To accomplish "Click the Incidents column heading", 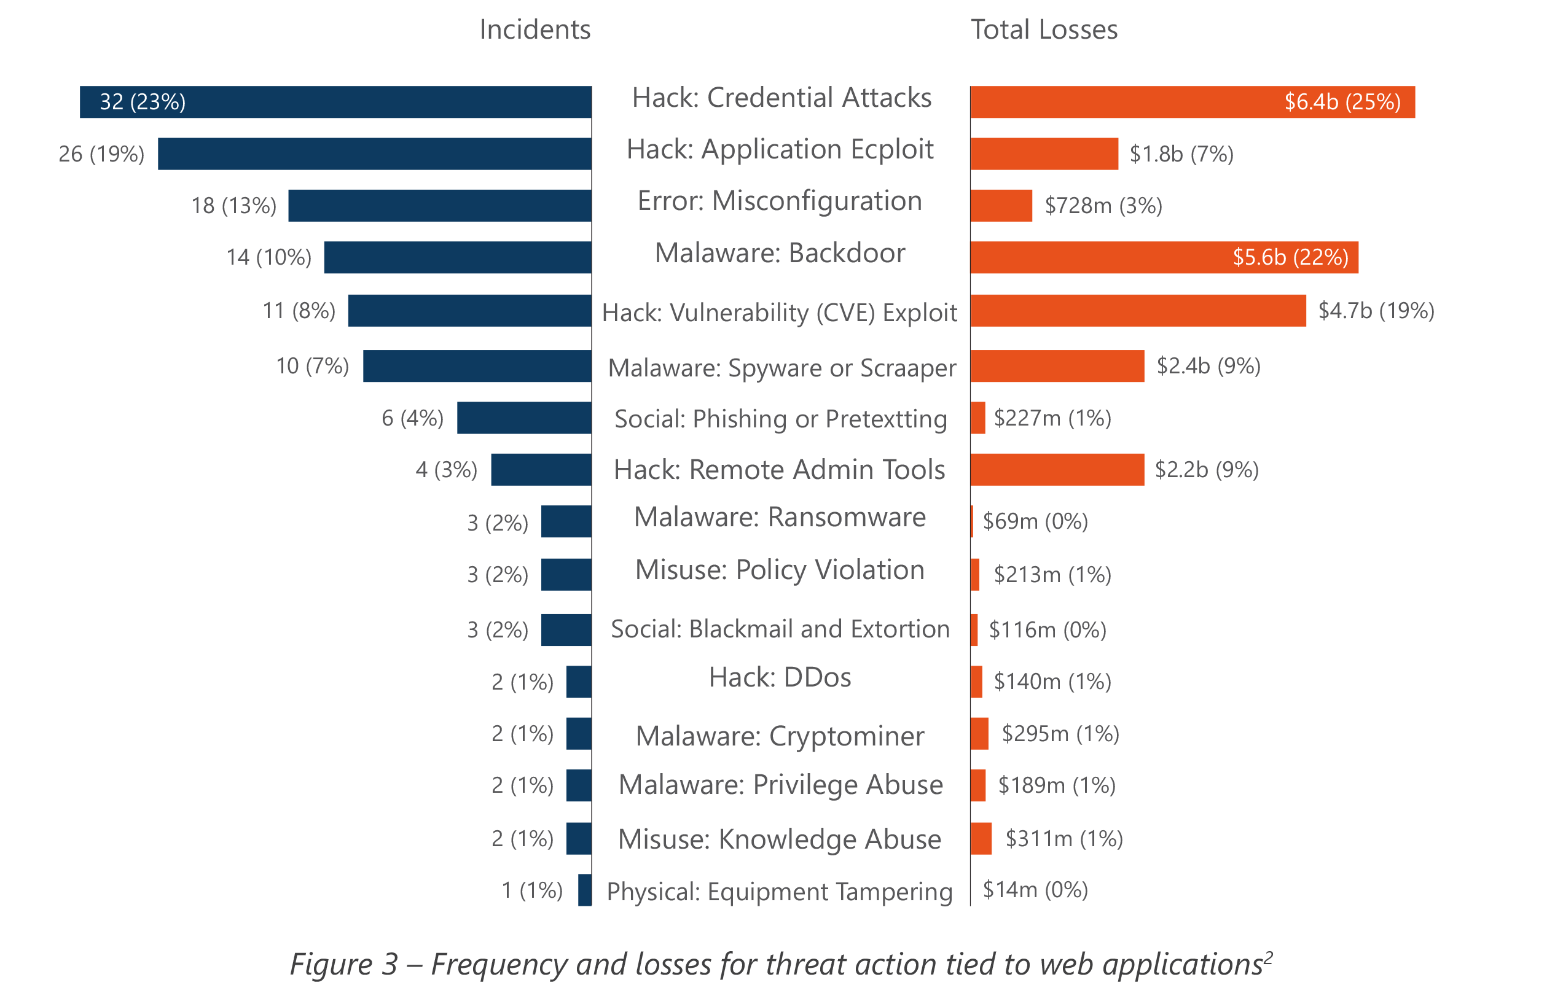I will tap(535, 30).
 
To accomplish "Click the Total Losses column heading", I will tap(1044, 30).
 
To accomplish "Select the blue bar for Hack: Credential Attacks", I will tap(335, 103).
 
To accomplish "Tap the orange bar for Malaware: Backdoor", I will tap(1164, 257).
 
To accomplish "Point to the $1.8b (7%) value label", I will tap(1181, 155).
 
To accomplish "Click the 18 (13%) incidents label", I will tap(233, 206).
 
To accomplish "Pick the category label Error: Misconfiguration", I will tap(780, 201).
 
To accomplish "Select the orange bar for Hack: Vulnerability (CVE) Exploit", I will tap(1138, 310).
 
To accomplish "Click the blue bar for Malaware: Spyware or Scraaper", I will tap(477, 367).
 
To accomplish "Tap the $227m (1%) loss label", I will tap(1052, 418).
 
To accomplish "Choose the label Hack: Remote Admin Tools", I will tap(780, 469).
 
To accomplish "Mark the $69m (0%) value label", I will tap(1035, 521).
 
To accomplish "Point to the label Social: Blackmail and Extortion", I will tap(780, 629).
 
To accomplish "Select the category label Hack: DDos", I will tap(780, 678).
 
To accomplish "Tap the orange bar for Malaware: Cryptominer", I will tap(979, 733).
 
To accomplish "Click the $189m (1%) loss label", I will tap(1057, 785).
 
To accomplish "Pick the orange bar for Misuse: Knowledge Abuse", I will tap(981, 838).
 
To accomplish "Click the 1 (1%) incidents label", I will tap(531, 890).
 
